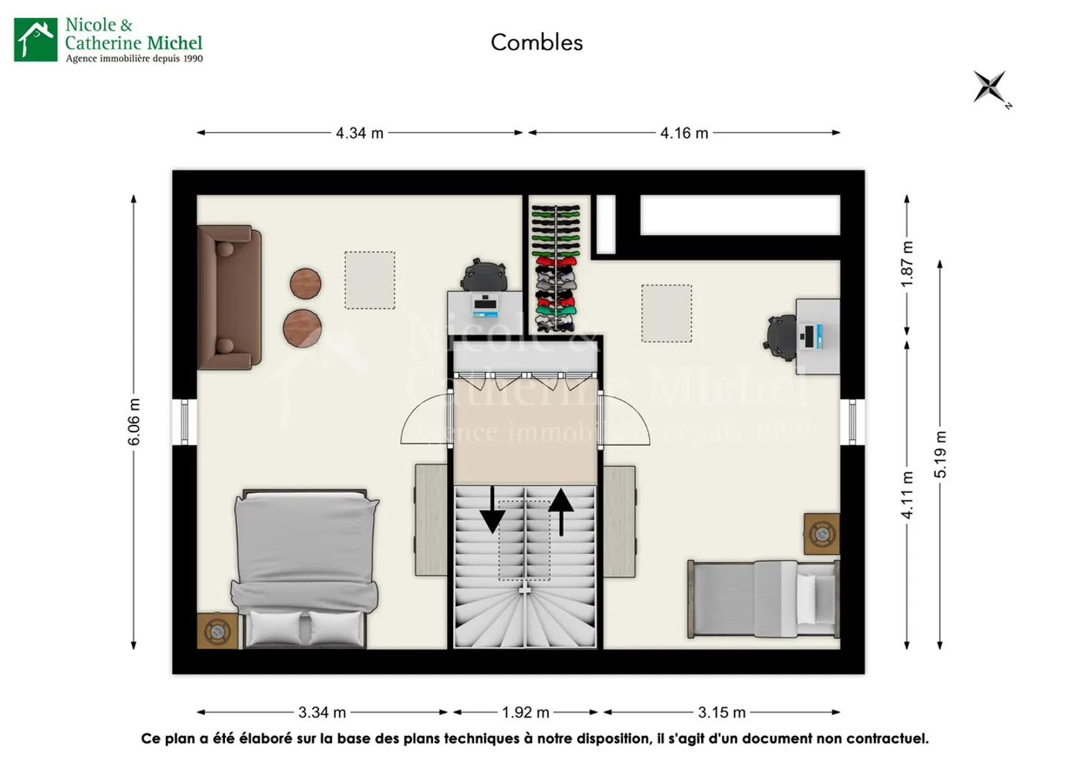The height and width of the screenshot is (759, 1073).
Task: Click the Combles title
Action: [536, 42]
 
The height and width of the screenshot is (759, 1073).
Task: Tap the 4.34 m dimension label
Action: [359, 133]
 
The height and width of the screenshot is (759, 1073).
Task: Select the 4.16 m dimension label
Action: [684, 133]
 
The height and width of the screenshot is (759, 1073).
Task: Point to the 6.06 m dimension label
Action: [134, 422]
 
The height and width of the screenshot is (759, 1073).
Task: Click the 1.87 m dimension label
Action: [907, 264]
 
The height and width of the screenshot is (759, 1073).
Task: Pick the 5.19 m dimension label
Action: [940, 455]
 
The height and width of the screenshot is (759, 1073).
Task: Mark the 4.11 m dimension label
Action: [907, 495]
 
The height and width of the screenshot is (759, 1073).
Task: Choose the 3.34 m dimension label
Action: [322, 713]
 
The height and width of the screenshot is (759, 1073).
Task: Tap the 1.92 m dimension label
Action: [525, 713]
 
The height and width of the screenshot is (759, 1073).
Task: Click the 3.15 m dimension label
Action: [721, 713]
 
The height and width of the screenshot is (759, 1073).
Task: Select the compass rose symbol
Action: [990, 87]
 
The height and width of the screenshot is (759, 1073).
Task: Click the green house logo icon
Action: [36, 40]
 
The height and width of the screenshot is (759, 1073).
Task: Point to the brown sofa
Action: [230, 297]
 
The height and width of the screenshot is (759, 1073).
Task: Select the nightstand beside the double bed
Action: [217, 632]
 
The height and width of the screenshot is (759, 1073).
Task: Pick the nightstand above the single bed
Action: [822, 534]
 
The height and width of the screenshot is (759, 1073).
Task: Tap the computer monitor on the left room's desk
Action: [485, 304]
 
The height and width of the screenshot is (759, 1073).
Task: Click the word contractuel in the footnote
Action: [885, 739]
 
